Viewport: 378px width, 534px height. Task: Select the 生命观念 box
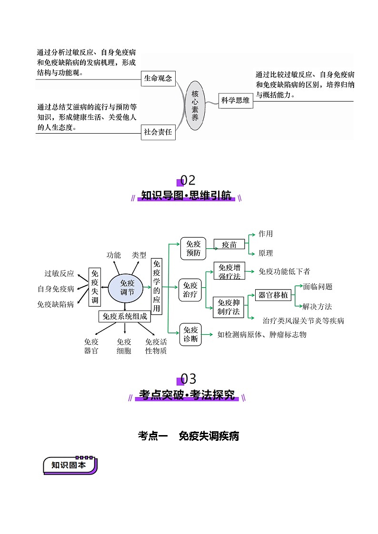[158, 78]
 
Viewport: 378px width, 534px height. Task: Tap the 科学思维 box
[235, 100]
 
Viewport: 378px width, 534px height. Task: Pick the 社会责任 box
[158, 132]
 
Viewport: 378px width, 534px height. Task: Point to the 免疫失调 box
[95, 287]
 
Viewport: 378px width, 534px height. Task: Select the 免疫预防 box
[192, 249]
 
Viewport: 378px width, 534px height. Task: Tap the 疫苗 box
[229, 244]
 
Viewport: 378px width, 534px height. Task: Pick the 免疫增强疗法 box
[229, 271]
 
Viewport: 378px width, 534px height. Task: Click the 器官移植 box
[273, 295]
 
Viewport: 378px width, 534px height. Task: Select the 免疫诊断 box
[190, 335]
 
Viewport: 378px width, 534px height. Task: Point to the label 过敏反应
[60, 273]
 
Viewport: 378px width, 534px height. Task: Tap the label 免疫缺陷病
[56, 304]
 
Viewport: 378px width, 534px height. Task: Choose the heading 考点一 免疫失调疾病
[189, 436]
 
